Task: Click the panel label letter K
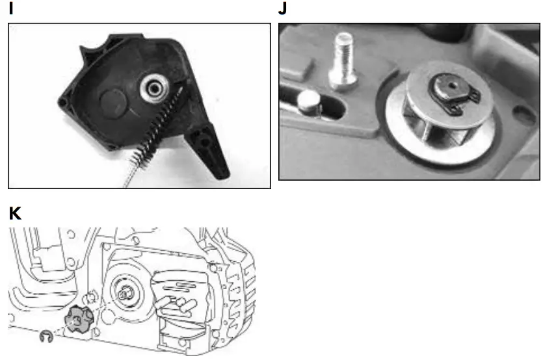coord(14,213)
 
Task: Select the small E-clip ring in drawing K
coord(45,336)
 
